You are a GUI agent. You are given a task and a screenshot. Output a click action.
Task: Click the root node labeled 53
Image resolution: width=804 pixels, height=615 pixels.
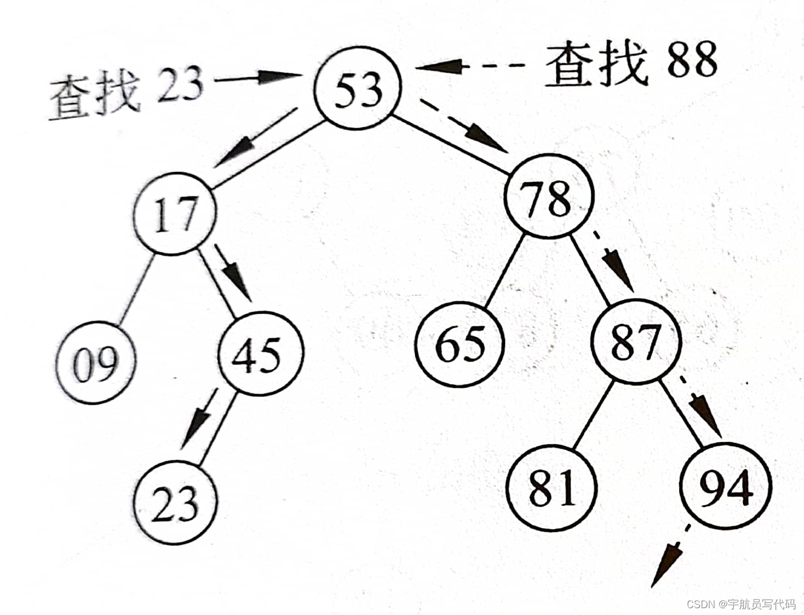pyautogui.click(x=358, y=90)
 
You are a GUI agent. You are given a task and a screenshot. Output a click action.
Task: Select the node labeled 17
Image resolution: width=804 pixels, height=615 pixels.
pyautogui.click(x=174, y=215)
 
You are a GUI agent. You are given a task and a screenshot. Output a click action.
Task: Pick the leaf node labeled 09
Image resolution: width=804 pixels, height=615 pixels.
pyautogui.click(x=96, y=362)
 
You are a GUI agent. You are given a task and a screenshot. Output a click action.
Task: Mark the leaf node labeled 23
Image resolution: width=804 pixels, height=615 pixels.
pyautogui.click(x=175, y=504)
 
